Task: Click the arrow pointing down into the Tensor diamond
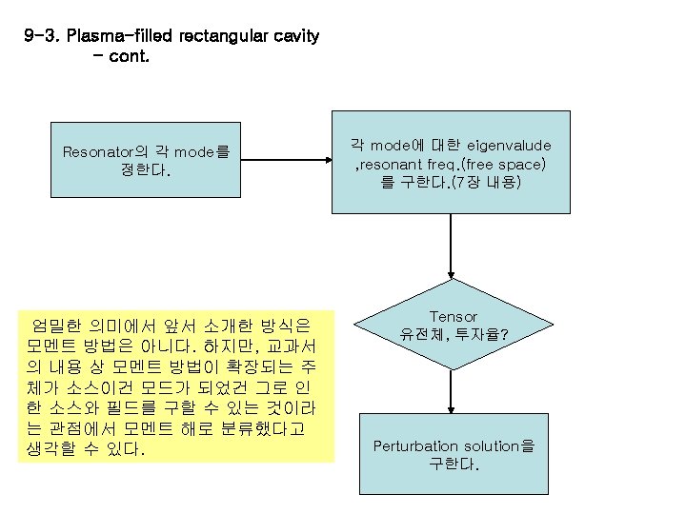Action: coord(451,247)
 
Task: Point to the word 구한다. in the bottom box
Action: coord(454,465)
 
